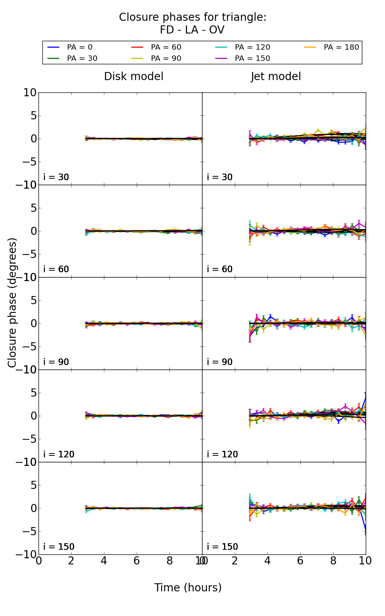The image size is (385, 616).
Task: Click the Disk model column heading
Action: point(134,76)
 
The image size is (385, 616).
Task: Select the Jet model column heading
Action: point(276,76)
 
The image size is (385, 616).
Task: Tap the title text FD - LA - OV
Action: point(192,30)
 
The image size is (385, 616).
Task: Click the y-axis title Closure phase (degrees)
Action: point(12,303)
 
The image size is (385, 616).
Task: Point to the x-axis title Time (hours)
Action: point(188,588)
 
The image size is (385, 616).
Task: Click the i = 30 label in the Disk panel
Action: point(56,177)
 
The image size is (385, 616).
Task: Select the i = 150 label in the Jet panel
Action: point(222,547)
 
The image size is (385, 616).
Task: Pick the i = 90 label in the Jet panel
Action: point(220,362)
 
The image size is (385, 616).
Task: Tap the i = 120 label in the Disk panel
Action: point(59,454)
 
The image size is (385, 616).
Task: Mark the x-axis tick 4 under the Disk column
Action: point(104,561)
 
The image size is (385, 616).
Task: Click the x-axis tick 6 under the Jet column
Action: point(300,561)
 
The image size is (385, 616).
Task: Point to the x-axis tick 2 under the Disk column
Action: point(71,561)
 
